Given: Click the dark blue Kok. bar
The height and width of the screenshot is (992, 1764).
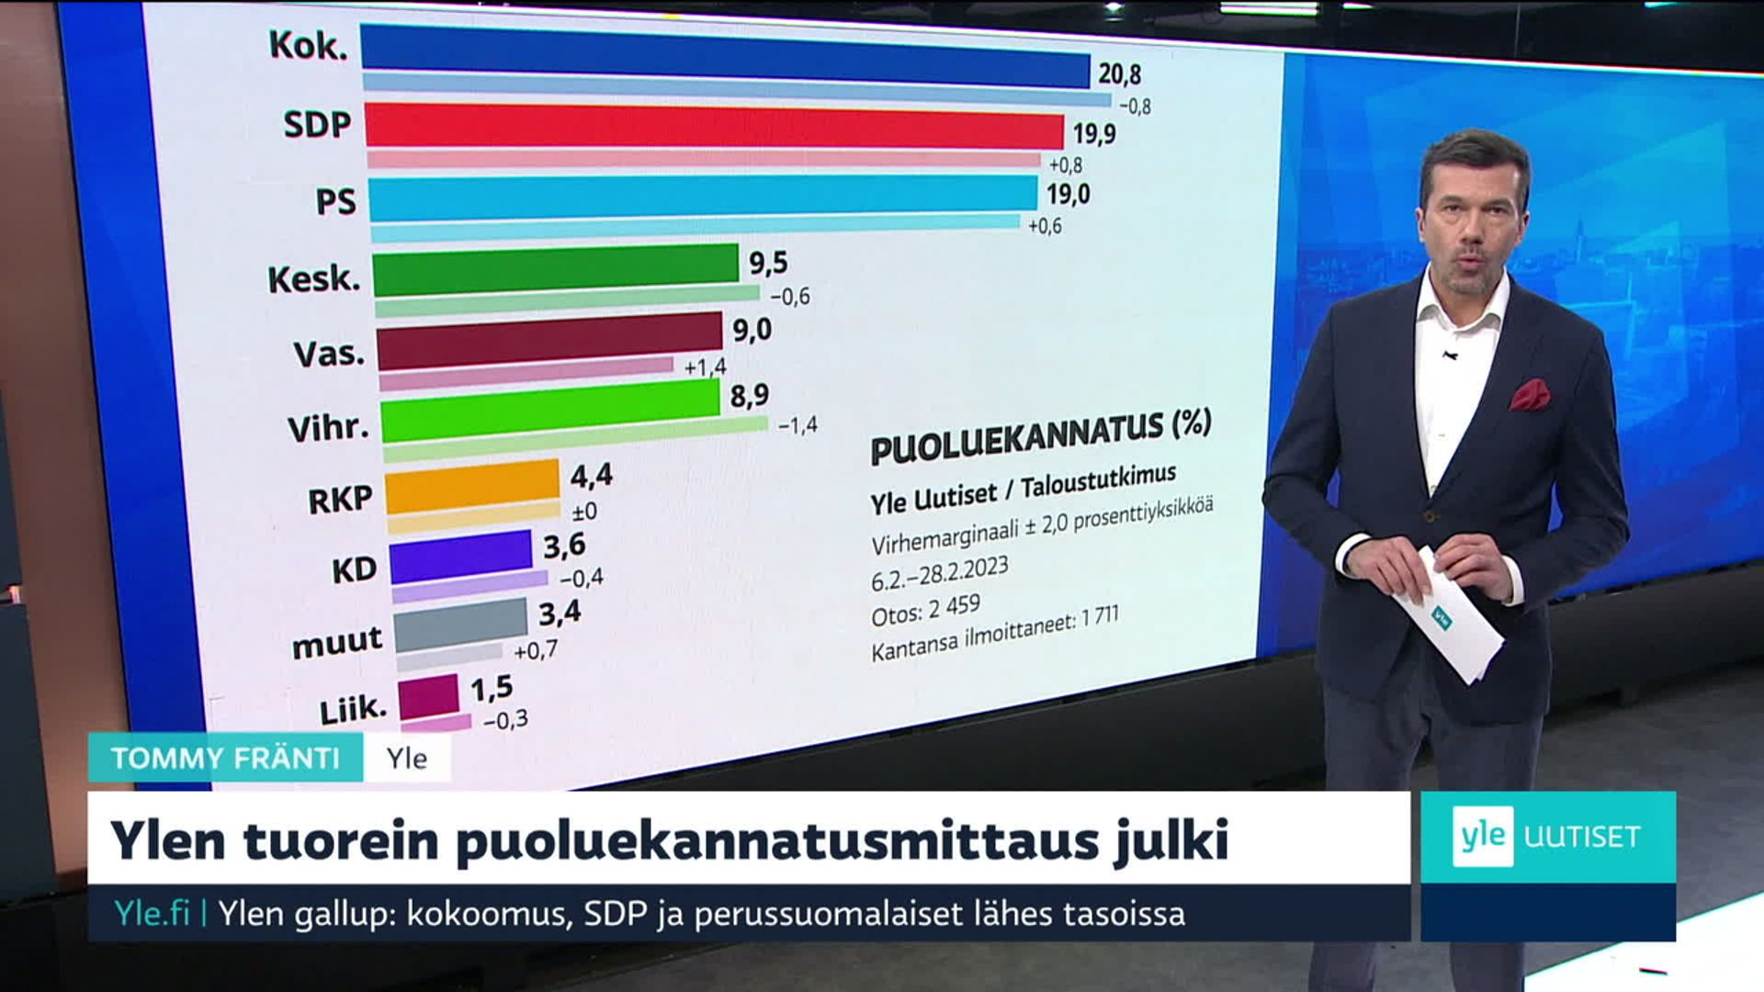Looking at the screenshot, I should click(x=725, y=57).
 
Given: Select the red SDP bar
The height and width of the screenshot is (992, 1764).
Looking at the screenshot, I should click(x=714, y=126).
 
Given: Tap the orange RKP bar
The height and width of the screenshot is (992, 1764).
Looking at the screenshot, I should click(x=472, y=485).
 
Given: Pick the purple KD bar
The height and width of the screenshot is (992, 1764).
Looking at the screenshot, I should click(x=461, y=556).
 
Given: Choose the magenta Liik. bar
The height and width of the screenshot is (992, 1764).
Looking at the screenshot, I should click(x=428, y=695).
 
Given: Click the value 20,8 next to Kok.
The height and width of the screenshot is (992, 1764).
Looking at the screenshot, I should click(x=1119, y=73).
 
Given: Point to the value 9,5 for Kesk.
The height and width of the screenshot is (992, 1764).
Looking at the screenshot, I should click(x=768, y=264).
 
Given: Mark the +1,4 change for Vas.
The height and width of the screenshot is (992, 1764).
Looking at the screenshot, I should click(x=705, y=367).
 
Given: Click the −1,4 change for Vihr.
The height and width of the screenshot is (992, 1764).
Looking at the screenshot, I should click(x=797, y=425).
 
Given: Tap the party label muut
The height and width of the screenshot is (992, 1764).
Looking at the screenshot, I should click(x=336, y=642).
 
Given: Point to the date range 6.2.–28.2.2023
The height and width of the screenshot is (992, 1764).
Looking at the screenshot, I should click(x=939, y=574).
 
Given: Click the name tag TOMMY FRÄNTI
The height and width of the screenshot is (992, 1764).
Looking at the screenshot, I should click(x=226, y=759).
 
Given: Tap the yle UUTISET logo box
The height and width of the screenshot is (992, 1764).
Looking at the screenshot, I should click(x=1547, y=837).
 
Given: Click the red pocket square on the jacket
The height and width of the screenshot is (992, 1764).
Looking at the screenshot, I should click(x=1529, y=394).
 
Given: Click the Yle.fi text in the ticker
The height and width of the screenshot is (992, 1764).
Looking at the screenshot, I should click(x=152, y=914).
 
